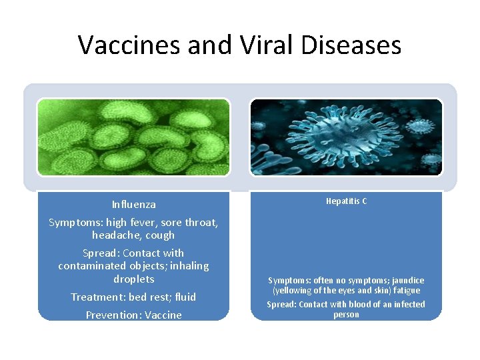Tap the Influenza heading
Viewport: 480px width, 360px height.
click(x=134, y=205)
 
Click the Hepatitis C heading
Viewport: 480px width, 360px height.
click(x=346, y=201)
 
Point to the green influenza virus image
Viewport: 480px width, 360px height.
click(x=133, y=137)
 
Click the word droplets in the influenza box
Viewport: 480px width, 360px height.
click(x=134, y=279)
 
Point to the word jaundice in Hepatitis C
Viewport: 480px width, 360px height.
click(x=407, y=281)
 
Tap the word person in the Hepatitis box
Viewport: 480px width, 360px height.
click(x=346, y=315)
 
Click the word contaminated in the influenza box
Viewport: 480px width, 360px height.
click(x=95, y=266)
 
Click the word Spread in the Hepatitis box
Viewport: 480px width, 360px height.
click(x=281, y=305)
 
